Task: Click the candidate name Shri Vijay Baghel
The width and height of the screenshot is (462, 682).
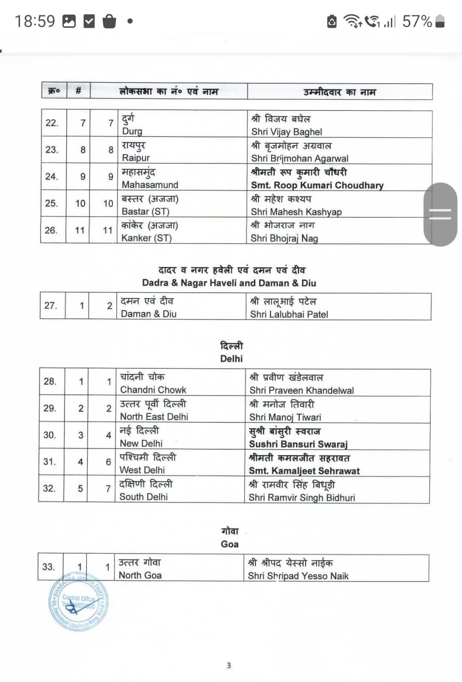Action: [287, 132]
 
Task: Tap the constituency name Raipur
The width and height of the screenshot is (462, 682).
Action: [136, 158]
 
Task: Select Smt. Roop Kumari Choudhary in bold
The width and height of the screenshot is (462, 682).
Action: [317, 185]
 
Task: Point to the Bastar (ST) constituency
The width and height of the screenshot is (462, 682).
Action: [145, 211]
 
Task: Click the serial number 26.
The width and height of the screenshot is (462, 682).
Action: [51, 230]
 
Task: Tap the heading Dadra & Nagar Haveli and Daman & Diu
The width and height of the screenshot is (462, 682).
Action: [229, 283]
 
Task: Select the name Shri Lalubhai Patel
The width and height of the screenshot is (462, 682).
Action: [289, 314]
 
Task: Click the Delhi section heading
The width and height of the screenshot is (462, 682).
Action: [231, 359]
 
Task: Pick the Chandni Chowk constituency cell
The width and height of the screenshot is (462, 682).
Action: [153, 390]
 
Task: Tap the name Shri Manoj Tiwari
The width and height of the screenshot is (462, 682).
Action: [285, 417]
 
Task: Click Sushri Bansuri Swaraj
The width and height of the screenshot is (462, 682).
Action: [298, 444]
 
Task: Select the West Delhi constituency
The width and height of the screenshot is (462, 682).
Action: [142, 470]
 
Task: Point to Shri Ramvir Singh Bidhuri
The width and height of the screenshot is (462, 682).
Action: [302, 498]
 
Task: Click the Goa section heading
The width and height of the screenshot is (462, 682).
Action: [230, 544]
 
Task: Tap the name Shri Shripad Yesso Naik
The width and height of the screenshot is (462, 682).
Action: [298, 576]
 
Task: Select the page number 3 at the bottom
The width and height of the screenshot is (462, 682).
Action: [229, 665]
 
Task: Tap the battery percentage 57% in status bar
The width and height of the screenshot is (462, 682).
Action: [417, 21]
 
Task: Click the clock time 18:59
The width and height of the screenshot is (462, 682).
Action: [35, 21]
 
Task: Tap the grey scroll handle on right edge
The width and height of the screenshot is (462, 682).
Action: [440, 214]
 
